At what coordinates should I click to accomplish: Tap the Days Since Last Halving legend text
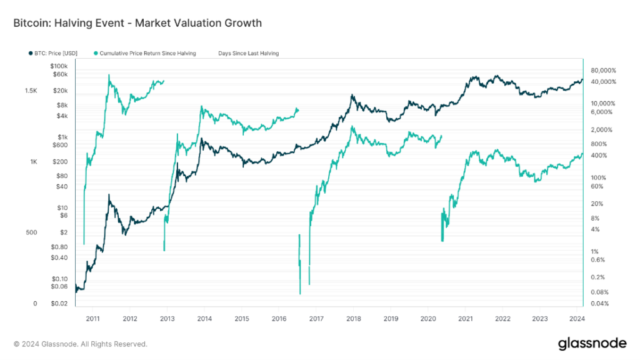click(249, 54)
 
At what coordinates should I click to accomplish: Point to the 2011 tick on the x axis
click(92, 317)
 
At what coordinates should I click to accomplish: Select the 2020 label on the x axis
click(427, 317)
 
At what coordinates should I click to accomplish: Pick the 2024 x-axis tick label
click(576, 317)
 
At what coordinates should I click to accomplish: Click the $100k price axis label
click(58, 66)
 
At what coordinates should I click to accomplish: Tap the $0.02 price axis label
click(59, 304)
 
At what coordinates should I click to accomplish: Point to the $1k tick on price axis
click(62, 137)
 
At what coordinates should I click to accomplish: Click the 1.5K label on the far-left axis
click(31, 91)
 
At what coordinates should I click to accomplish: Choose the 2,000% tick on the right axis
click(601, 130)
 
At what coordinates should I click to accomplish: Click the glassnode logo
click(592, 343)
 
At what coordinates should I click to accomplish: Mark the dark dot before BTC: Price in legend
click(31, 54)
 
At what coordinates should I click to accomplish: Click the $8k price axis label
click(61, 105)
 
